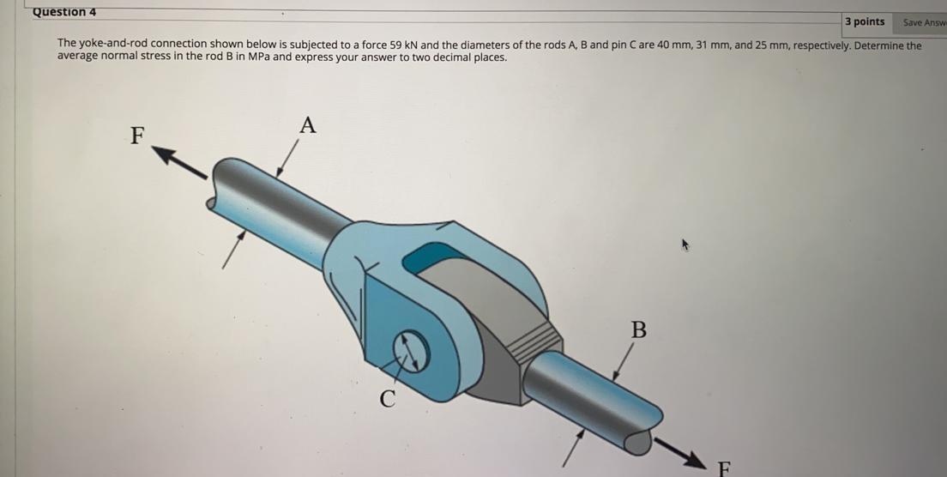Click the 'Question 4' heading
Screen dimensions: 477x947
point(64,12)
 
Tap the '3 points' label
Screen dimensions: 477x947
point(865,22)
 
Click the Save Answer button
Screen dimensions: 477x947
point(924,23)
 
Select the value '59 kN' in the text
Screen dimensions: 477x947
point(405,45)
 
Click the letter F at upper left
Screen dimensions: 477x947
point(137,136)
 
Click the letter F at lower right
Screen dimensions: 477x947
point(725,468)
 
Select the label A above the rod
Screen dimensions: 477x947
point(308,126)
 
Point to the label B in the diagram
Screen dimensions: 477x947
point(638,329)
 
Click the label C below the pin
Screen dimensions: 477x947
point(388,398)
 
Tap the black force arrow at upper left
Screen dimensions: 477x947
point(179,162)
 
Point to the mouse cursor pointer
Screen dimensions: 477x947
point(685,245)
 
